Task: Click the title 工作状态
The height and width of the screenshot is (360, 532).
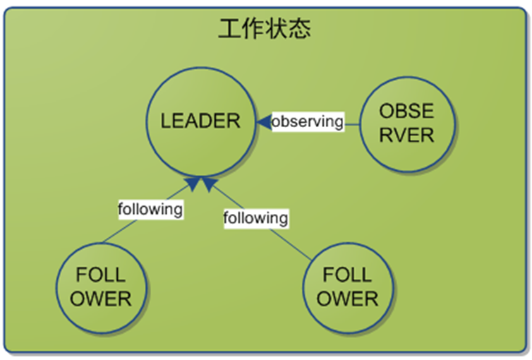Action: (x=265, y=29)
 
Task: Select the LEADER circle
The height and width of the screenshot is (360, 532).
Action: (x=200, y=121)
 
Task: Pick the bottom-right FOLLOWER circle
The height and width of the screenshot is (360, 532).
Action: (x=347, y=287)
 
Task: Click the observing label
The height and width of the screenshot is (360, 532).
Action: (x=308, y=121)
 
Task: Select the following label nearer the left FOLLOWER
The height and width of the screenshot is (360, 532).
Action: (x=150, y=209)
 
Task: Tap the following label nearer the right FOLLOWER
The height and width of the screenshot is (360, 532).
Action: (x=255, y=218)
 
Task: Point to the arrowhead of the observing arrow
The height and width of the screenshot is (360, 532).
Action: (x=263, y=122)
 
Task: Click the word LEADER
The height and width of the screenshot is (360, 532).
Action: (x=200, y=121)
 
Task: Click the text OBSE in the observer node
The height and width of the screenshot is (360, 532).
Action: (x=406, y=112)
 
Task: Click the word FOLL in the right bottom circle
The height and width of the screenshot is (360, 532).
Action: (x=347, y=275)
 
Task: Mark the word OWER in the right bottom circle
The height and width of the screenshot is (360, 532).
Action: (x=347, y=299)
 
